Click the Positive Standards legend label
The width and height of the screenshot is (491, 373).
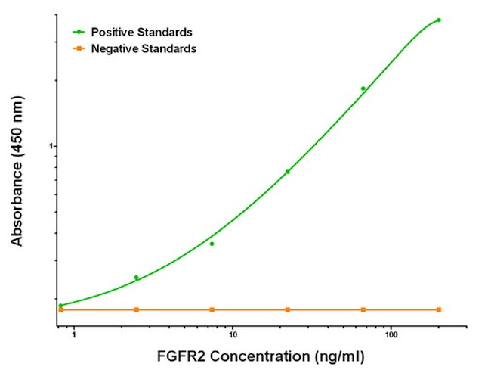[x=141, y=33]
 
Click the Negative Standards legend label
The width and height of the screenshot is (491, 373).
[x=143, y=48]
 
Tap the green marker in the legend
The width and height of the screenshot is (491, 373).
[x=78, y=33]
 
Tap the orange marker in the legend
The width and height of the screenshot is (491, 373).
[x=78, y=48]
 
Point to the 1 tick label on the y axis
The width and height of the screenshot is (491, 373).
[x=51, y=146]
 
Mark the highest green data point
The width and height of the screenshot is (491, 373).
[x=438, y=20]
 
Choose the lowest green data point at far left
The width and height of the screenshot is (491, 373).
[x=60, y=306]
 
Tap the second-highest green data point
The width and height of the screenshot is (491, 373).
[x=363, y=89]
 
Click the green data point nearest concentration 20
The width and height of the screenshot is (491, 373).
[x=287, y=172]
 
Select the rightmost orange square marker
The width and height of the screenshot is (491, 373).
[x=439, y=309]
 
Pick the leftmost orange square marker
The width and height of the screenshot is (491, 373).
[x=60, y=309]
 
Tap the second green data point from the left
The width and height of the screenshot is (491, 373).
[x=136, y=278]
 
